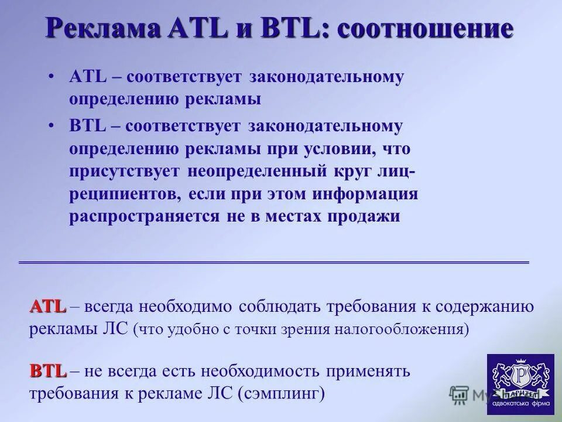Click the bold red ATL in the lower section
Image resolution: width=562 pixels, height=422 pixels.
pos(48,306)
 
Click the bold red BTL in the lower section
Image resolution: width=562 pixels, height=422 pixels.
pos(48,370)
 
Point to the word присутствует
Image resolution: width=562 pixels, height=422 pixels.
pos(126,171)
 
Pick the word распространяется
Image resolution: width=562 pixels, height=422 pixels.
pos(144,217)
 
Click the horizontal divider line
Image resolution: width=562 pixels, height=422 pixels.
pos(274,261)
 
